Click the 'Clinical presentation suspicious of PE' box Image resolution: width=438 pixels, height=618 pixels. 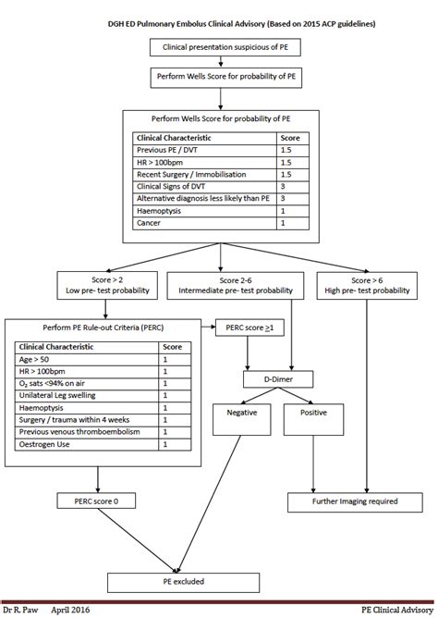pos(220,46)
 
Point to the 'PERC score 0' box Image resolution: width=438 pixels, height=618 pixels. pos(97,501)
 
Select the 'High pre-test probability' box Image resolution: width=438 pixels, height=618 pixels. pos(368,284)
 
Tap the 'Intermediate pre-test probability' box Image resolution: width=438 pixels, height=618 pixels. pos(232,284)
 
